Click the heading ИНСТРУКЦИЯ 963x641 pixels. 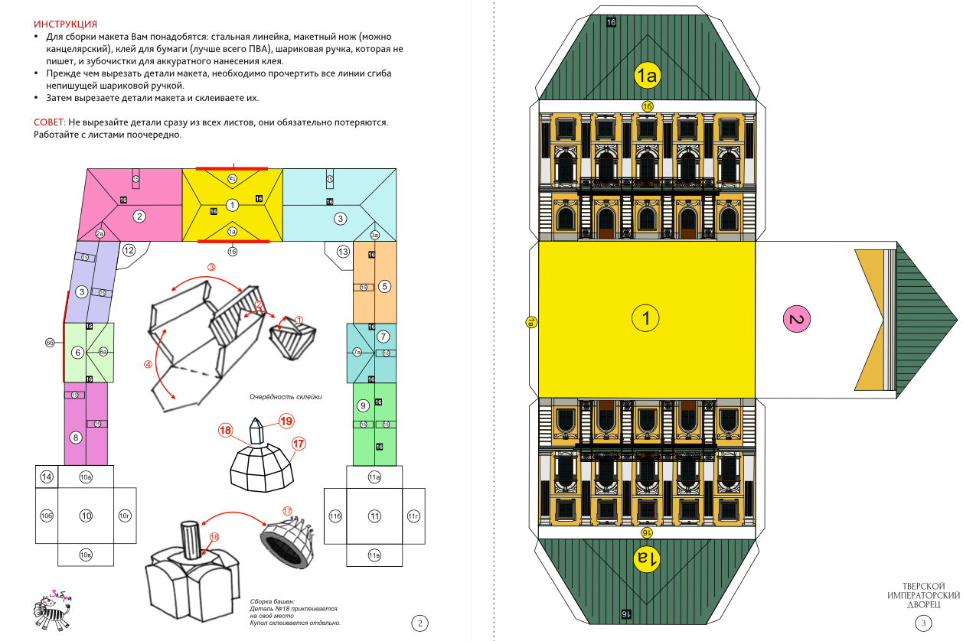click(66, 25)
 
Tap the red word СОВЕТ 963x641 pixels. click(49, 122)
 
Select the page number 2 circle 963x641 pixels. click(419, 623)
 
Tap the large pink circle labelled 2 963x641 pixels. click(797, 318)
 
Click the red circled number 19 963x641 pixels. click(286, 421)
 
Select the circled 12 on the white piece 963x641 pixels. click(129, 250)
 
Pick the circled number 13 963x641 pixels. click(343, 252)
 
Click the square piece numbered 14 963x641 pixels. click(47, 477)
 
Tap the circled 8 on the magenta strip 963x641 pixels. click(75, 438)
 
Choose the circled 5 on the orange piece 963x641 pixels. click(385, 286)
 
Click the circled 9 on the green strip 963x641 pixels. click(363, 405)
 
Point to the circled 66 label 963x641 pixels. click(51, 343)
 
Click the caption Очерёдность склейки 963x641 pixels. click(286, 396)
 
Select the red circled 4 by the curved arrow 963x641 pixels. click(149, 364)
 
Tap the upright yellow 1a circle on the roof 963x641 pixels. click(647, 75)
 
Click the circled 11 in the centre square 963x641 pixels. click(374, 516)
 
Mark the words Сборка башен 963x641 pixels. click(272, 601)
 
